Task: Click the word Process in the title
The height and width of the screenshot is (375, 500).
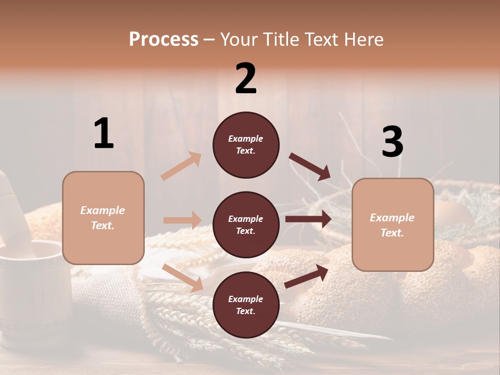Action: (164, 40)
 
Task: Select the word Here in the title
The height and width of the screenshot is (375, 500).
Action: (363, 40)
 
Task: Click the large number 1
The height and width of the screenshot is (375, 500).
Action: (104, 134)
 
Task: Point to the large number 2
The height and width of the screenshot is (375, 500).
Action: (246, 79)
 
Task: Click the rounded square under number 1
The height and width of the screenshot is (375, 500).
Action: (103, 218)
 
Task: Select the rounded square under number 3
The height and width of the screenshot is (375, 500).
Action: (393, 225)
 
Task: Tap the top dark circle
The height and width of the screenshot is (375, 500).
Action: (246, 145)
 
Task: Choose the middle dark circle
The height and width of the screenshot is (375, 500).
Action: (246, 224)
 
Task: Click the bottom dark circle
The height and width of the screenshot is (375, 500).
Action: (246, 305)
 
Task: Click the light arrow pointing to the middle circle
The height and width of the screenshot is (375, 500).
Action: (182, 220)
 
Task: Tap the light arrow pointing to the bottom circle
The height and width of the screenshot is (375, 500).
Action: (183, 278)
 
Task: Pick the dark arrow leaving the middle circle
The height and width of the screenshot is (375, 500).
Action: (308, 219)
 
